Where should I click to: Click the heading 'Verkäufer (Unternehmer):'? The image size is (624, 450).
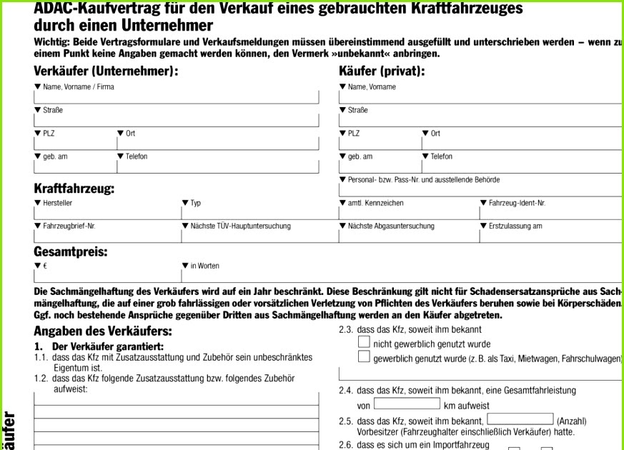[x=106, y=71]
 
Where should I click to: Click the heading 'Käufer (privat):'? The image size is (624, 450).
[x=382, y=71]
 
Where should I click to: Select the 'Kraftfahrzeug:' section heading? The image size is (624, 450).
[x=74, y=189]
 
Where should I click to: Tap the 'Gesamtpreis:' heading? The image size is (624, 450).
[x=71, y=252]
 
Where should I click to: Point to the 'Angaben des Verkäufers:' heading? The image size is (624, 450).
[x=103, y=331]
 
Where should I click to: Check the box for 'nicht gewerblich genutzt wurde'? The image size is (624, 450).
[x=364, y=342]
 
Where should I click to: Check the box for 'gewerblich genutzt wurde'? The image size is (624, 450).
[x=364, y=356]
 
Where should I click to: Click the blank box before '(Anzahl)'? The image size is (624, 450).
[x=520, y=419]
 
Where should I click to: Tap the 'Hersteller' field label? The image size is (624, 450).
[x=57, y=204]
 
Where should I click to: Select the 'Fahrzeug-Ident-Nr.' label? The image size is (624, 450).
[x=517, y=204]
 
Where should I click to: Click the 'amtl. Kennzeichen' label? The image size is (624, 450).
[x=375, y=204]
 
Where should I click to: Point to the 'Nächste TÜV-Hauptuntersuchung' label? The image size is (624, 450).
[x=240, y=226]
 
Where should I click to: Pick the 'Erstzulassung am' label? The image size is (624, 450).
[x=515, y=226]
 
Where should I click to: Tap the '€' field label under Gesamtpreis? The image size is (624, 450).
[x=45, y=266]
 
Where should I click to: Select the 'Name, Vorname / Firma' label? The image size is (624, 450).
[x=78, y=87]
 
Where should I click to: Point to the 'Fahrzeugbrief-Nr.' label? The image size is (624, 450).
[x=69, y=226]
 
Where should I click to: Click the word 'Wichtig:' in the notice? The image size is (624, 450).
[x=51, y=42]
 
